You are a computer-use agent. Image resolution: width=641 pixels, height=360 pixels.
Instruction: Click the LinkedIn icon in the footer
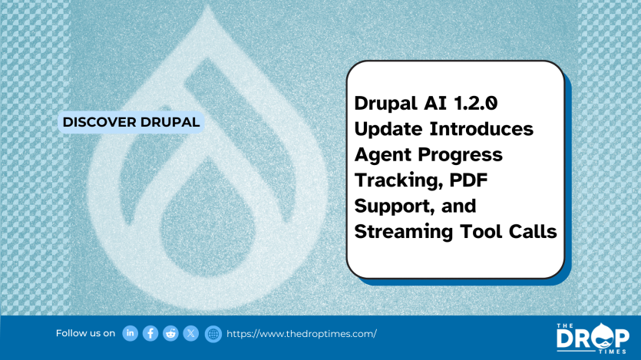131,333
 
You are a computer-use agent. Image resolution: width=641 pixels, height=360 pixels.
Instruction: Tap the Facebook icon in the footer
150,333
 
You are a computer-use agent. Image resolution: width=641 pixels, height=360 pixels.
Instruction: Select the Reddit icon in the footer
170,333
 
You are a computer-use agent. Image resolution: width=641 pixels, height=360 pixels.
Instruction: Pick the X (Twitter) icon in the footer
191,333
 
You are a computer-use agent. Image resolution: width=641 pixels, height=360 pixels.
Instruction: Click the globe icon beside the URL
213,334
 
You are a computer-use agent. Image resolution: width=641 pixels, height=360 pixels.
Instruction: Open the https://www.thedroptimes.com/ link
302,334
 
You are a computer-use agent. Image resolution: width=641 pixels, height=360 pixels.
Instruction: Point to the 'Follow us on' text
85,333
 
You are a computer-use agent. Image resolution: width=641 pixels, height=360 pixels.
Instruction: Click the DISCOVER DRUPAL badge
131,121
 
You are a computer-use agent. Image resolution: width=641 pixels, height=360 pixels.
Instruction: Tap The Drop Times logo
592,337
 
